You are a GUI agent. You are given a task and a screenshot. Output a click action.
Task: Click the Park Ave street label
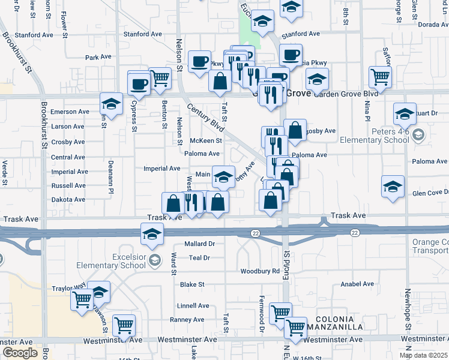(x=98, y=57)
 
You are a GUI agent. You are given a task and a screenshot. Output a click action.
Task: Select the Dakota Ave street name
(x=68, y=199)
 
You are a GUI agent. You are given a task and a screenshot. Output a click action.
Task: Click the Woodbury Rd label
(x=260, y=271)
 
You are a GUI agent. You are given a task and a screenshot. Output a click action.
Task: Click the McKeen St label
(x=206, y=141)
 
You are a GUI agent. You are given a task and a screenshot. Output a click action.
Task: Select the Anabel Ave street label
(x=357, y=284)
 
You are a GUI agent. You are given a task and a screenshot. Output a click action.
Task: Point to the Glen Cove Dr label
(x=430, y=193)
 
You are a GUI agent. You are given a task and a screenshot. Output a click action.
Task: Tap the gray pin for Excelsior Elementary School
(x=155, y=259)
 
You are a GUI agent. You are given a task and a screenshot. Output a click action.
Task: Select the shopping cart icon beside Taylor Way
(x=81, y=299)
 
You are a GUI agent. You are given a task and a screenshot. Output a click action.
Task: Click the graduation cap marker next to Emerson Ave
(x=111, y=104)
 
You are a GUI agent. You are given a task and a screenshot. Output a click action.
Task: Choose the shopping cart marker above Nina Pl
(x=380, y=77)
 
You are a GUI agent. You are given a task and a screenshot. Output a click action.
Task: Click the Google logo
(x=20, y=353)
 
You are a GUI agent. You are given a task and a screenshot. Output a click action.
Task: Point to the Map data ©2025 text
(x=423, y=355)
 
